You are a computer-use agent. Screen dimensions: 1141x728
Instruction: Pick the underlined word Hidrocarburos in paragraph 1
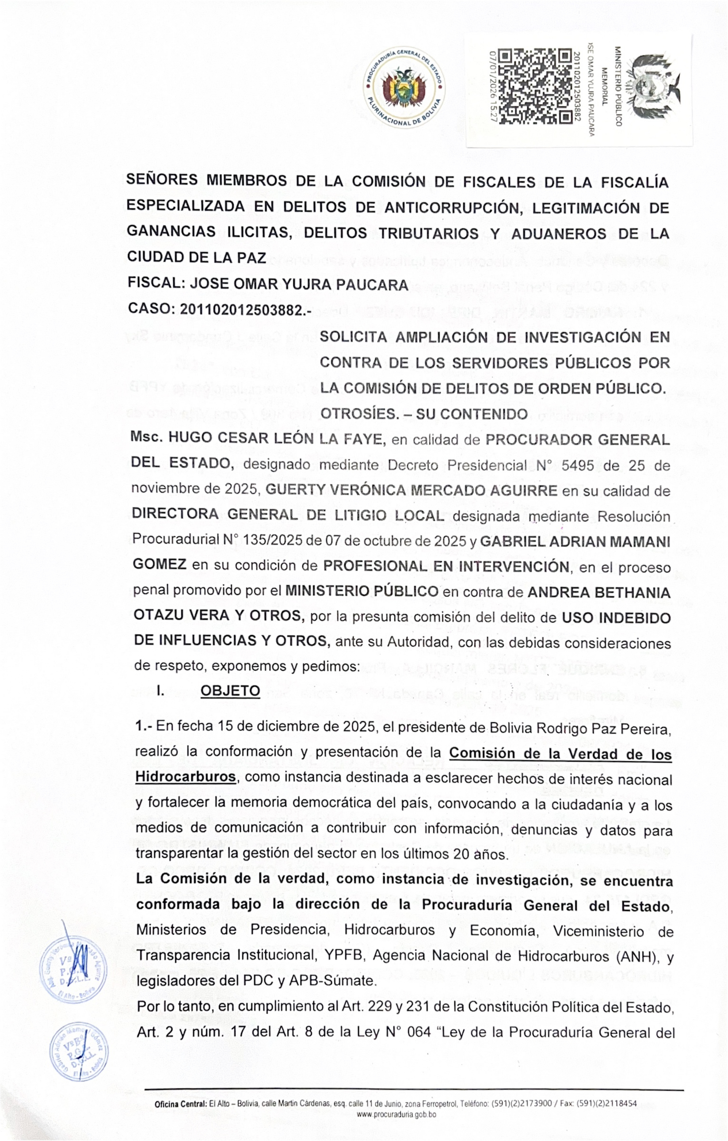185,777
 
